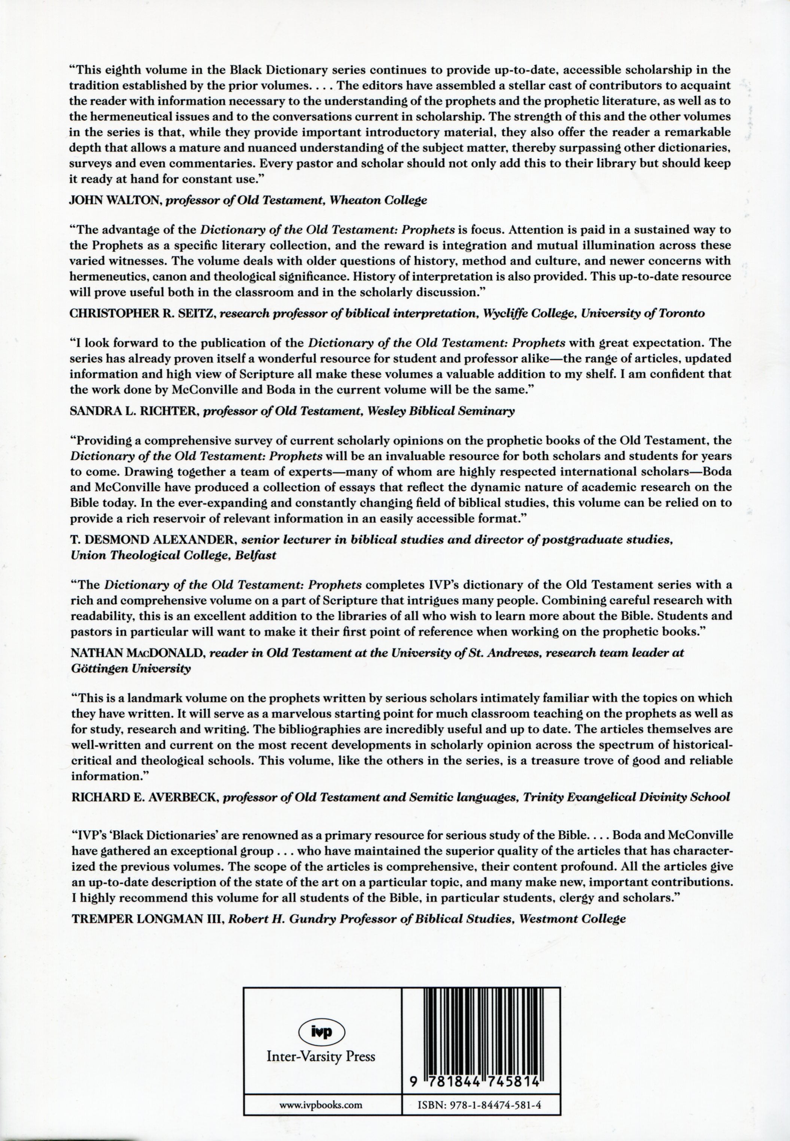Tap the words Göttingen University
[131, 669]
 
